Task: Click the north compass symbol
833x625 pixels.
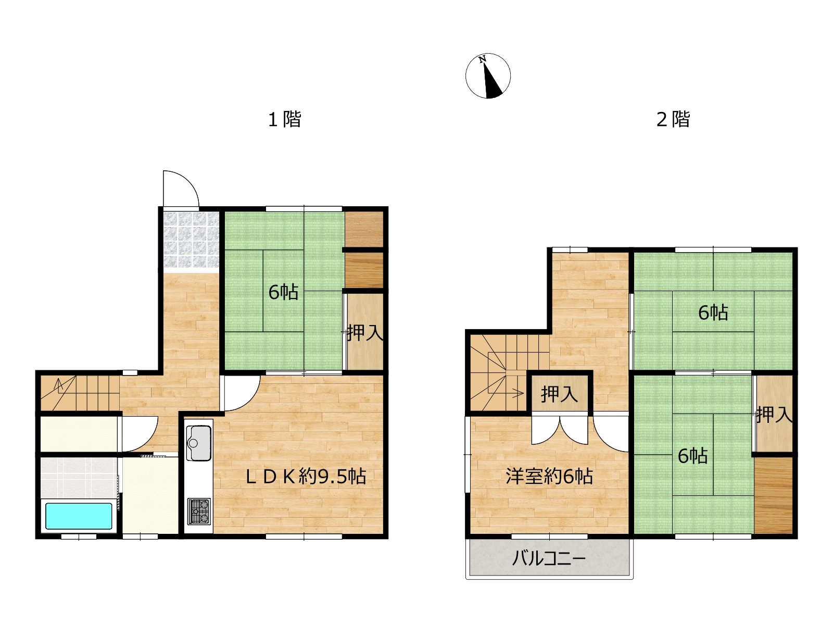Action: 488,76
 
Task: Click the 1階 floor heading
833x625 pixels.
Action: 285,119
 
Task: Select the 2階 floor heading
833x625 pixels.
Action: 673,119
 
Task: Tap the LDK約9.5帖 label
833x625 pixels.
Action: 306,477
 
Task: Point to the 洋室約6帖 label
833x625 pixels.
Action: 549,477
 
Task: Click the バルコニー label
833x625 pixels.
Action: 549,558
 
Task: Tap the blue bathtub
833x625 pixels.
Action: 79,516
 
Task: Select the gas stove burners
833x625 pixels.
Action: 199,511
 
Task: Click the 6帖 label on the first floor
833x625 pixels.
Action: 283,292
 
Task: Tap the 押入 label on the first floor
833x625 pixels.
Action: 365,332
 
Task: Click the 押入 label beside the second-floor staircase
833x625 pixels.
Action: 559,394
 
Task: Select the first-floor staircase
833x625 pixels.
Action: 80,393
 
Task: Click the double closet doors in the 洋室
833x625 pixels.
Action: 560,430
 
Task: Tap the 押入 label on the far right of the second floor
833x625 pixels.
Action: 774,415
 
